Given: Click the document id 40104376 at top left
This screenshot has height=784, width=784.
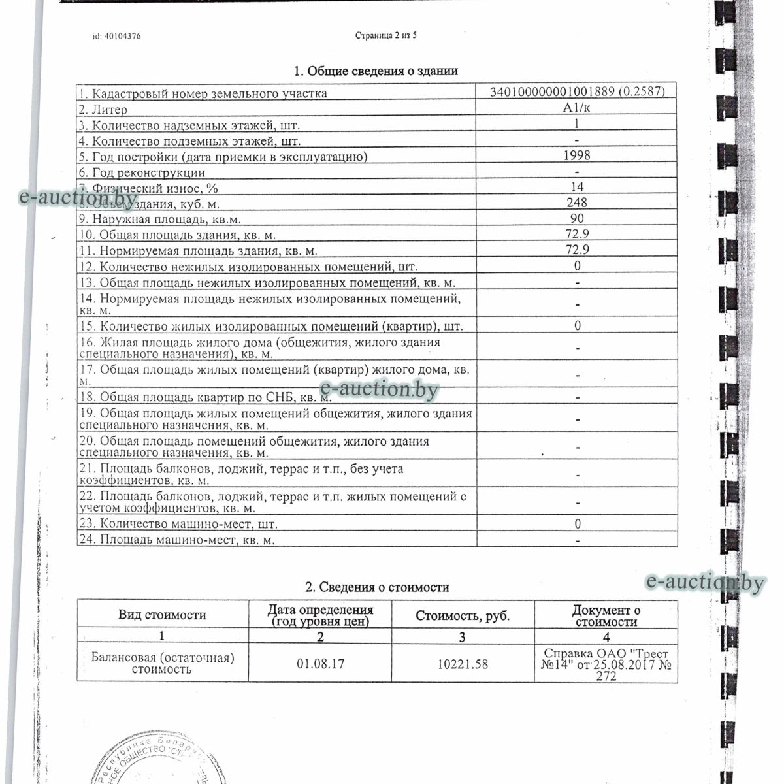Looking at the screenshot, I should pyautogui.click(x=117, y=37).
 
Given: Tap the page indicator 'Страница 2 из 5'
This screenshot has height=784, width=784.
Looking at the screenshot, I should pyautogui.click(x=386, y=35).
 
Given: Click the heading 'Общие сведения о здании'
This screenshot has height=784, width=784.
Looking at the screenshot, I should pyautogui.click(x=376, y=71).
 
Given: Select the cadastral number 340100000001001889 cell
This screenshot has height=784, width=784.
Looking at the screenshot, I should pyautogui.click(x=577, y=92).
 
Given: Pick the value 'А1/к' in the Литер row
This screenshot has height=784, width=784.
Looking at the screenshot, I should pyautogui.click(x=577, y=108).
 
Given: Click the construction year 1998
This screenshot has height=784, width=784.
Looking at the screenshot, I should pyautogui.click(x=577, y=155).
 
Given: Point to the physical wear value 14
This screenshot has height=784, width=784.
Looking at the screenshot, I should pyautogui.click(x=577, y=188).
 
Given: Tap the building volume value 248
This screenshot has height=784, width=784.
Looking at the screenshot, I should pyautogui.click(x=577, y=203).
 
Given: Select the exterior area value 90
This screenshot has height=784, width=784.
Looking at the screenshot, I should pyautogui.click(x=577, y=219).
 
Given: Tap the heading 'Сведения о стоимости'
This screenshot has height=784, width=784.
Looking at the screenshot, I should pyautogui.click(x=378, y=587).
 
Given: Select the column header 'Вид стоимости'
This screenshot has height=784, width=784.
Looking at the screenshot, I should pyautogui.click(x=162, y=615).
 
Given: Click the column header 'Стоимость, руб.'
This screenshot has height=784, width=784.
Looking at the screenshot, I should pyautogui.click(x=463, y=615).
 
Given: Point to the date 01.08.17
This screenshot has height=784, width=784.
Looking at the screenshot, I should pyautogui.click(x=320, y=664).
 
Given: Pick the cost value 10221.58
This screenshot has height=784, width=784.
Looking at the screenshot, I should pyautogui.click(x=463, y=664).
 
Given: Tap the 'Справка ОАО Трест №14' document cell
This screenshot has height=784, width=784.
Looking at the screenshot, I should pyautogui.click(x=606, y=665).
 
